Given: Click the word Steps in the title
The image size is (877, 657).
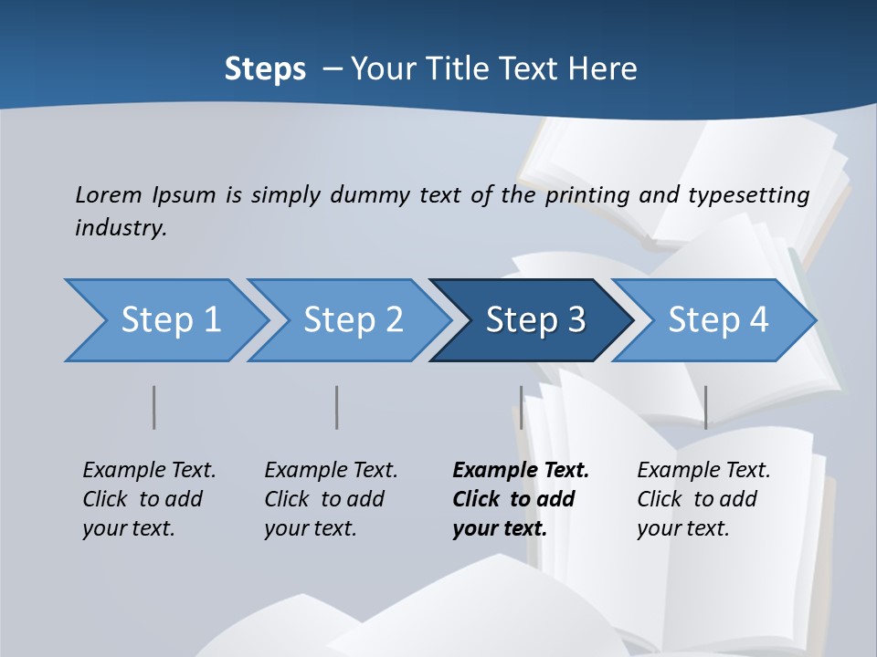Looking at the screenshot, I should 265,69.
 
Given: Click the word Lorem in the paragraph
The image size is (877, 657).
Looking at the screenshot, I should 108,194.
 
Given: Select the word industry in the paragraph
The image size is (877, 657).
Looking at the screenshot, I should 121,227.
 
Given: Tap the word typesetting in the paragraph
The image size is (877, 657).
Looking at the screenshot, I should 748,195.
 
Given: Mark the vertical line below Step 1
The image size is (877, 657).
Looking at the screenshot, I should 154,407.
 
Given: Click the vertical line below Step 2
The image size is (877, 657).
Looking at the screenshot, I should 337,407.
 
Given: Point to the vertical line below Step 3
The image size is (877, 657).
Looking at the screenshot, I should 522,407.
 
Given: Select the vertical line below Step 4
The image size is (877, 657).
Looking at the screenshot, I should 705,407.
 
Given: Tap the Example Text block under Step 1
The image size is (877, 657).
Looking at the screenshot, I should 149,499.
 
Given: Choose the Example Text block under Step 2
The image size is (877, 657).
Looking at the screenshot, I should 331,499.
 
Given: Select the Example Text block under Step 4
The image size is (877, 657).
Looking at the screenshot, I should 703,499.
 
